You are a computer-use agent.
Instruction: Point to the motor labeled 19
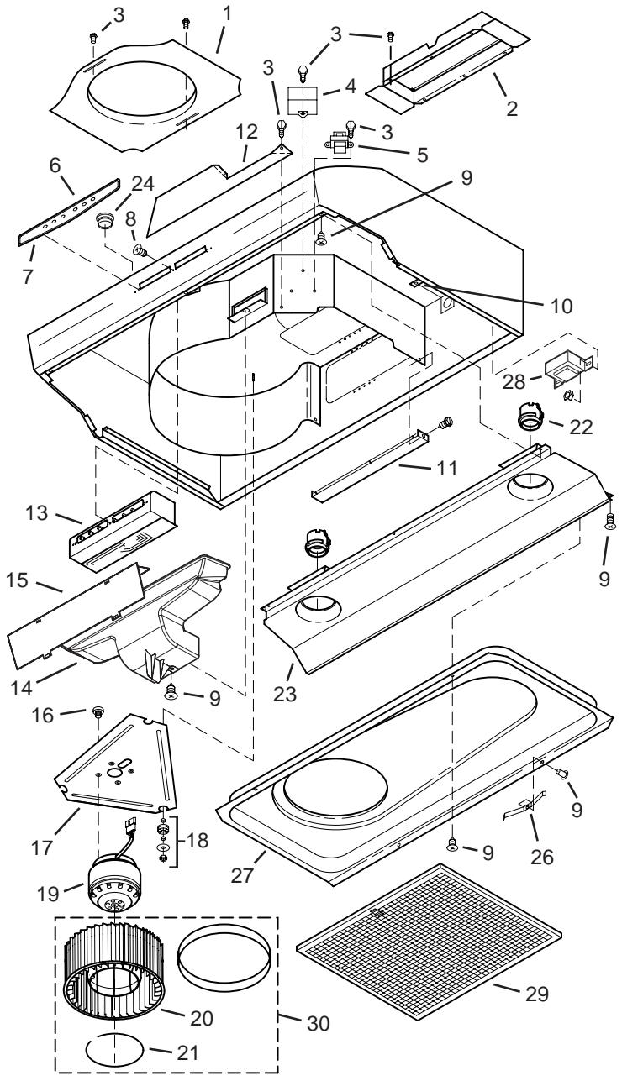(x=117, y=891)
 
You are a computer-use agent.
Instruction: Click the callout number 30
(x=314, y=1022)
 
